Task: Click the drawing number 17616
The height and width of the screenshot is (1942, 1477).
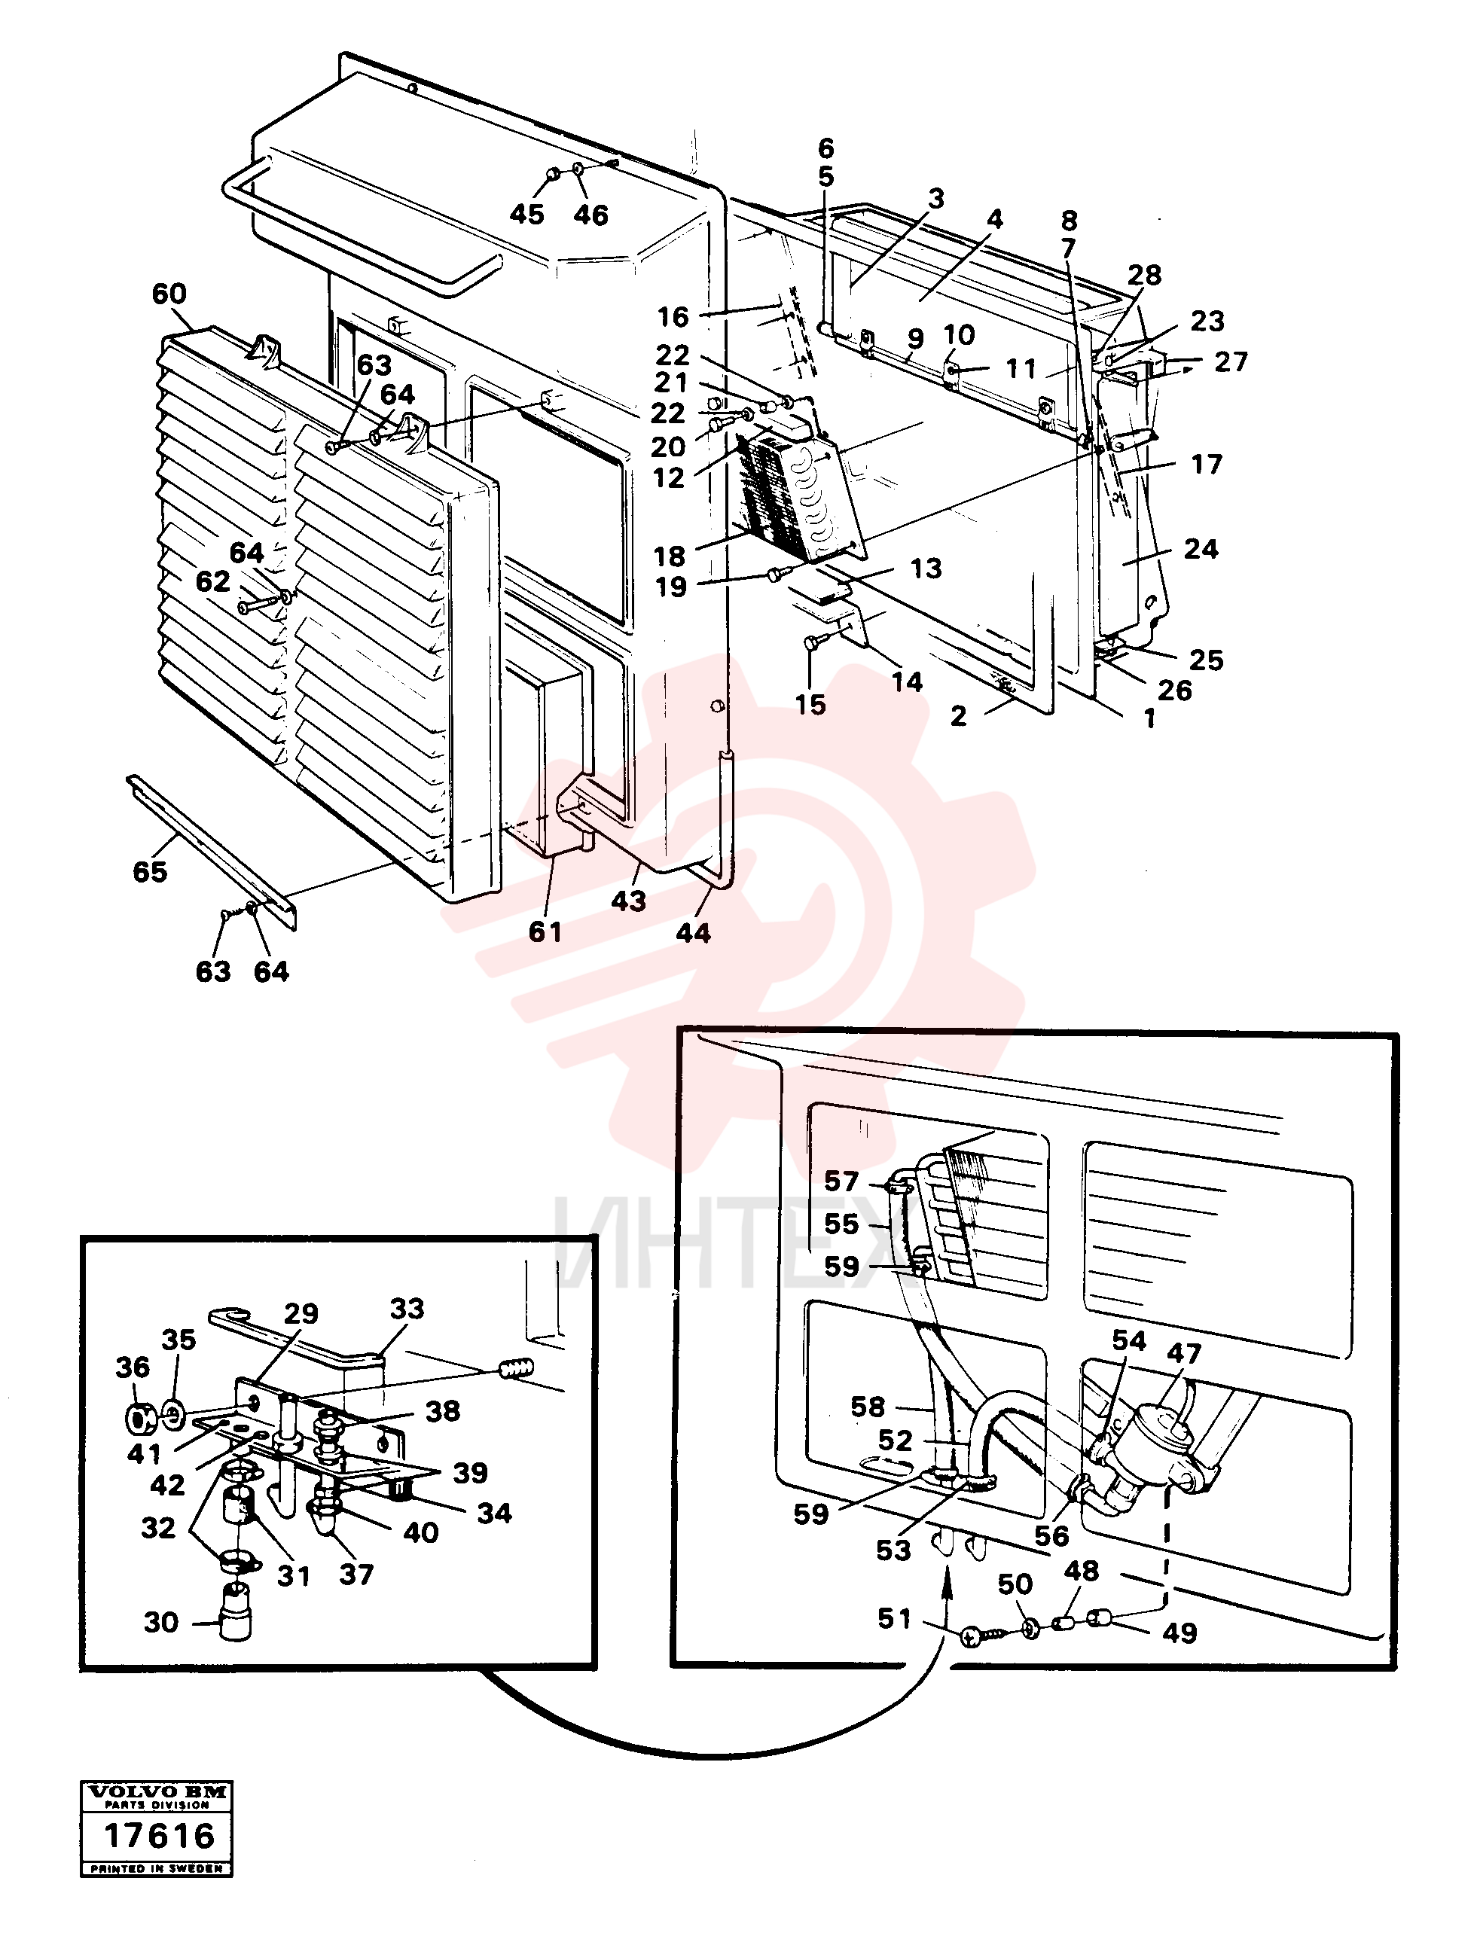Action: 159,1836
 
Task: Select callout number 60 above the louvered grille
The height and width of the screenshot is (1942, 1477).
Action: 169,294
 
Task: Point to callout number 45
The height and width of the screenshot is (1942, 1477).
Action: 526,214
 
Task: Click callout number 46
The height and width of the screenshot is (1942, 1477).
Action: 590,215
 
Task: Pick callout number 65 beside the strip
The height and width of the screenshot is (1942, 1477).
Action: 149,872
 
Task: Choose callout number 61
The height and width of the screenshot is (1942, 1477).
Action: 545,931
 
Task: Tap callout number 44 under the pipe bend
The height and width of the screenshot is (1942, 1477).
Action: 693,932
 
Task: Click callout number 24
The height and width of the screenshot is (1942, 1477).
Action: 1201,549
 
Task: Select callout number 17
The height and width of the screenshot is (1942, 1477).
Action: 1206,464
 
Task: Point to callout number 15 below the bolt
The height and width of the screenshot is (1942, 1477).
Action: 810,704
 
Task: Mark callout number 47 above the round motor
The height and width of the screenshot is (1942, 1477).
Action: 1183,1352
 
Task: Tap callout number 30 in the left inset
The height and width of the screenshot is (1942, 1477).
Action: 161,1621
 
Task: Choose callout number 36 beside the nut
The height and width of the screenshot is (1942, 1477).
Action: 133,1367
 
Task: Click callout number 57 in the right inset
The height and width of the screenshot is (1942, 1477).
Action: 841,1180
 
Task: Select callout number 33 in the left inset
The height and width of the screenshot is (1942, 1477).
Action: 407,1309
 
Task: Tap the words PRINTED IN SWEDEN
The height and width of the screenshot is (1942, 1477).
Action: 158,1868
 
